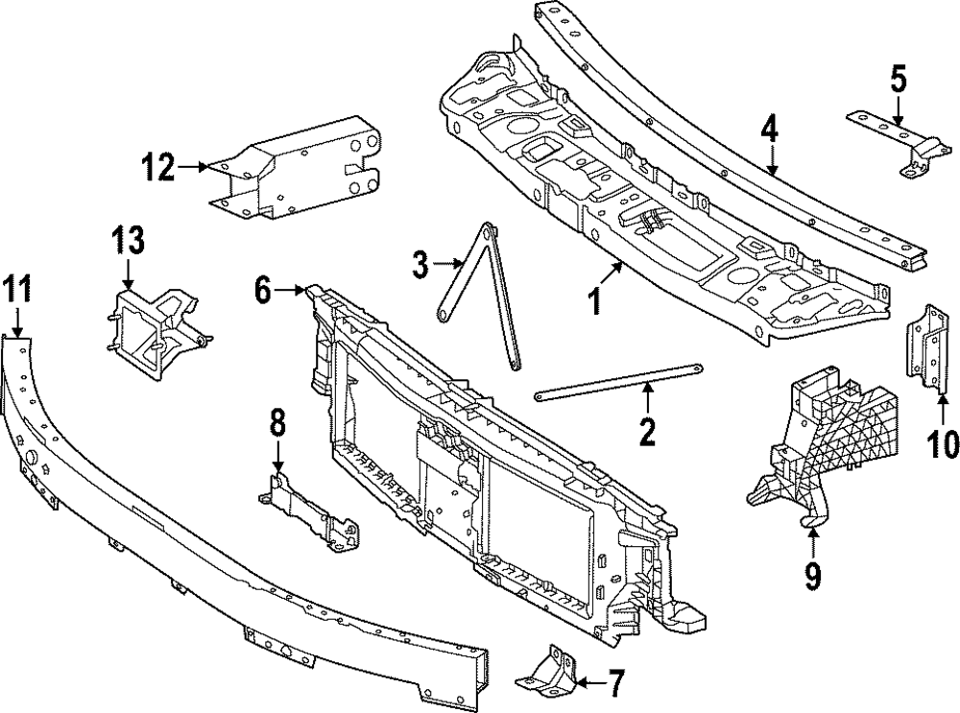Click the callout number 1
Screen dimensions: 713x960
point(595,302)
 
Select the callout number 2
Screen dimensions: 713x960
point(647,431)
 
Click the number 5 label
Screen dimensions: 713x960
point(898,80)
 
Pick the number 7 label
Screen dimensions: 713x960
point(615,683)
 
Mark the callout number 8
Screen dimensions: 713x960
point(277,420)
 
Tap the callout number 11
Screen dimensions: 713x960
point(16,287)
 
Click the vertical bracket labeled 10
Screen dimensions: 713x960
point(926,347)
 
